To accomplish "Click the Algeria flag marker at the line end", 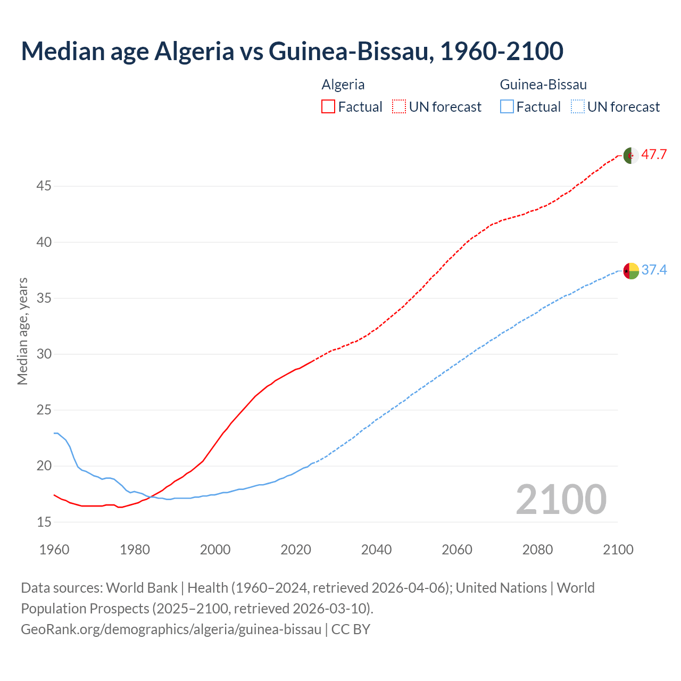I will tap(631, 156).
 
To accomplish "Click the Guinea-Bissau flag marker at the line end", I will tap(631, 271).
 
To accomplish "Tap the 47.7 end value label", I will tap(654, 155).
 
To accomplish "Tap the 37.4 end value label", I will tap(654, 270).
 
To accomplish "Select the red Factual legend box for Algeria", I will tap(328, 107).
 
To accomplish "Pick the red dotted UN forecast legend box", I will tap(399, 107).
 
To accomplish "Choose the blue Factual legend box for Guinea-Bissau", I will tap(506, 107).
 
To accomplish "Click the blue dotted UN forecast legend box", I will tap(577, 107).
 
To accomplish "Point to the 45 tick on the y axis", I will tap(44, 186).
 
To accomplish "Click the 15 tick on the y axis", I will tap(44, 522).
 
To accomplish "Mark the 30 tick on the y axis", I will tap(44, 354).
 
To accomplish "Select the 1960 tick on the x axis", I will tap(54, 550).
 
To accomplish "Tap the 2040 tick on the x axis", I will tap(376, 550).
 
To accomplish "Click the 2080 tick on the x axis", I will tap(537, 550).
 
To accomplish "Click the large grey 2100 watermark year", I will tap(561, 499).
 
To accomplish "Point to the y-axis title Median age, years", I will tap(22, 331).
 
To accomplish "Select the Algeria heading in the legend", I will tap(343, 85).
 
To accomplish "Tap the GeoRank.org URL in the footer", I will tap(171, 629).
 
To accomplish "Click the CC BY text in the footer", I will tap(351, 629).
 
